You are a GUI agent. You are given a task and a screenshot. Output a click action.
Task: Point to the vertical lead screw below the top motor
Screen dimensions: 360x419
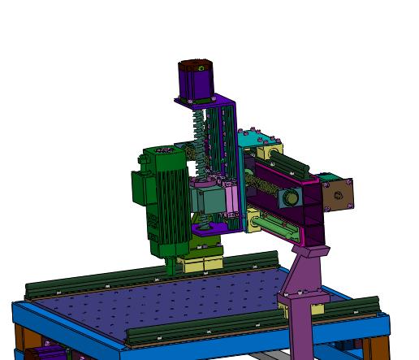(198, 138)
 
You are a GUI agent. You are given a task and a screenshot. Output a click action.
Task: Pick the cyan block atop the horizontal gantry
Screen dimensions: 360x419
(252, 138)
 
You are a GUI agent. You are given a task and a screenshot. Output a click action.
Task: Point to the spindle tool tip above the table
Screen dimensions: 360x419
(170, 266)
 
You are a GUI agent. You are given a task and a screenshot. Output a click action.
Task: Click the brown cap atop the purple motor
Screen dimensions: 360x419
(195, 64)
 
